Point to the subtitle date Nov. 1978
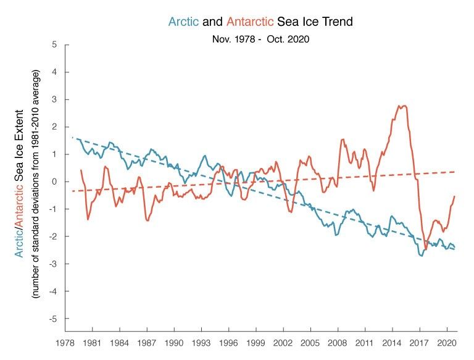(230, 40)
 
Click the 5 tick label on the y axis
(55, 44)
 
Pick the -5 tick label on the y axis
(54, 319)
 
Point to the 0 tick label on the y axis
(55, 182)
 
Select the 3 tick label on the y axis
(55, 99)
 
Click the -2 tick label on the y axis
(54, 237)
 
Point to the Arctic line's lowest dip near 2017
(421, 255)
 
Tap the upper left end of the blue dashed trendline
(73, 137)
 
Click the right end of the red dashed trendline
(455, 172)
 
